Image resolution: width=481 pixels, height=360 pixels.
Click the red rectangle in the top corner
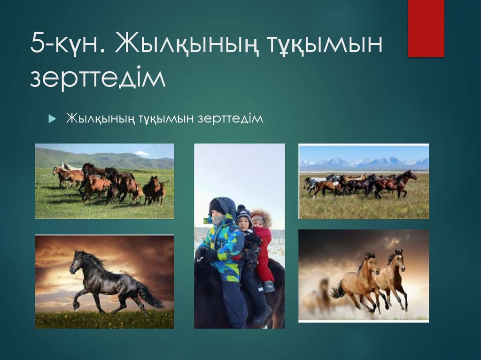click(426, 28)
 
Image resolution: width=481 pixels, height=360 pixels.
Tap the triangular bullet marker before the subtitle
click(52, 119)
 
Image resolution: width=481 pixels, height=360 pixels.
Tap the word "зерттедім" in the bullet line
click(230, 118)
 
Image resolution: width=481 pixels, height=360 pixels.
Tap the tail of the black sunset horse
click(149, 296)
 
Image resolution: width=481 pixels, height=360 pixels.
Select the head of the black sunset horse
click(77, 263)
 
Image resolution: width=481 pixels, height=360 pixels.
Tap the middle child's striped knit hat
click(243, 214)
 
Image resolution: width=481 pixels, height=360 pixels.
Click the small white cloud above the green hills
click(141, 153)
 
